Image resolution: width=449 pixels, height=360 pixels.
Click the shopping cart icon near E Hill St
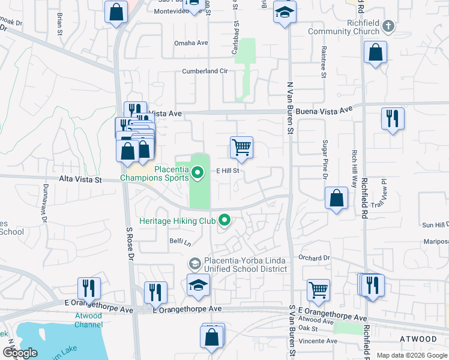coord(241,147)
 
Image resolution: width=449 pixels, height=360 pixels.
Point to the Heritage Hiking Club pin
coord(224,221)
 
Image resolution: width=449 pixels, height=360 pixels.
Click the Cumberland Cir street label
coord(206,71)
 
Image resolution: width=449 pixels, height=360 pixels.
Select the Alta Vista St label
coord(81,179)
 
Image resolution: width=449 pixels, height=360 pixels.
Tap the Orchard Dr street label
coord(315,258)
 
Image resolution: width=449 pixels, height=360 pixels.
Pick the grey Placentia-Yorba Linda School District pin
coord(194,264)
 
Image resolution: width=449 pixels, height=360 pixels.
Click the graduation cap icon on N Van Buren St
coord(285,12)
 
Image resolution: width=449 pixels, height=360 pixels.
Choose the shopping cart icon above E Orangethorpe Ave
coord(318,290)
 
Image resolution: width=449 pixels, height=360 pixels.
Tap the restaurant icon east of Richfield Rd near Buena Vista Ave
coord(393,118)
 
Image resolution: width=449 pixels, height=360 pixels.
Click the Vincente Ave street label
coord(318,341)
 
